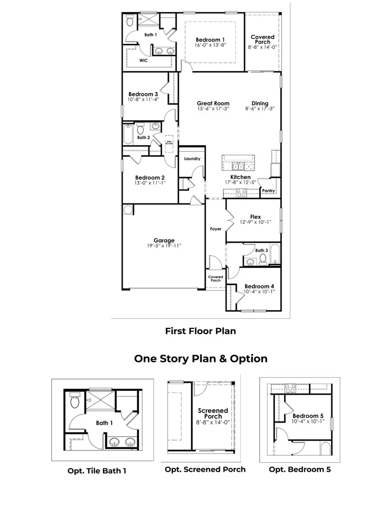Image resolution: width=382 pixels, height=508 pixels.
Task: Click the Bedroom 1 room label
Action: point(211,40)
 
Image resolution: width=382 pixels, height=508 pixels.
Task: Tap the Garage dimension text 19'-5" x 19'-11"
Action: point(164,246)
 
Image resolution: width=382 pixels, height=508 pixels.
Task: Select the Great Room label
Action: point(213,103)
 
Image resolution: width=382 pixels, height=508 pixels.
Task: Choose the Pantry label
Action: point(268,191)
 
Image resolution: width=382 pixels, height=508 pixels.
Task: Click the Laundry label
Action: point(192,159)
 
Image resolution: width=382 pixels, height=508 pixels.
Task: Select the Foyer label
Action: point(216,229)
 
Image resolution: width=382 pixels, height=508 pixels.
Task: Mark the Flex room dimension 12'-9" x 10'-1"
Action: point(255,222)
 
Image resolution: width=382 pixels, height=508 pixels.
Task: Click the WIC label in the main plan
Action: point(144,61)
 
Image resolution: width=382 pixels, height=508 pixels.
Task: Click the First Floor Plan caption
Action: point(200,331)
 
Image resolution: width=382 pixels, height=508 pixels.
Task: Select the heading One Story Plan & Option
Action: point(201,358)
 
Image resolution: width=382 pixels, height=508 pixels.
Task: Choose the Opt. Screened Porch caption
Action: point(205,469)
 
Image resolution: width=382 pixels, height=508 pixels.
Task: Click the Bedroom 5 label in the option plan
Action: point(305,415)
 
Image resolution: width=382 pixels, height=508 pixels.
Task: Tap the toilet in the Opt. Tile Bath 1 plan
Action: point(74,401)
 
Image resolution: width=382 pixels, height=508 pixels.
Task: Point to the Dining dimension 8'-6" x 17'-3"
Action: point(260,108)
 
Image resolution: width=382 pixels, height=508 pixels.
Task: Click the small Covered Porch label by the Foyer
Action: point(216,279)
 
